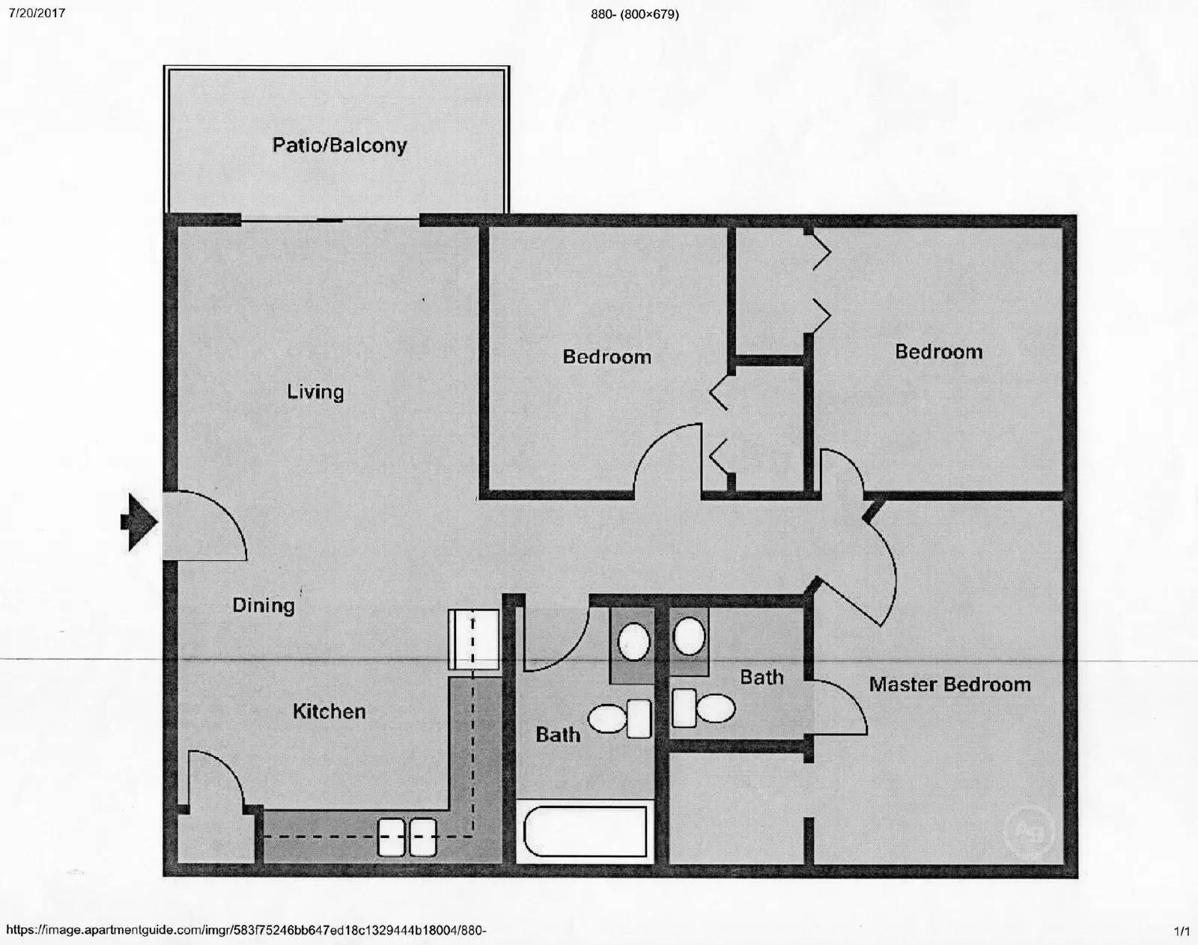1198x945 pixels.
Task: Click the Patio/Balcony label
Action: coord(339,145)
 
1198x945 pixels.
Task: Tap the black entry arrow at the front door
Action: coord(138,522)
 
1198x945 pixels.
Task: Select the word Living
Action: coord(315,392)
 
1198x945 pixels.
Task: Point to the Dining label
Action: coord(263,605)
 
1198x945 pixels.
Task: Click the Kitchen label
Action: coord(329,711)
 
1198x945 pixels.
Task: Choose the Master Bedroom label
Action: coord(949,684)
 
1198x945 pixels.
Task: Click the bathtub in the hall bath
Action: coord(585,831)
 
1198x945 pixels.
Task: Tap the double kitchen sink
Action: coord(407,836)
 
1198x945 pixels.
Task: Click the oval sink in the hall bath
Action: coord(633,642)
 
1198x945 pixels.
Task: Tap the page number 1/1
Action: coord(1182,932)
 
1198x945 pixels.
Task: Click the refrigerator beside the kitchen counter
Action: coord(474,639)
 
